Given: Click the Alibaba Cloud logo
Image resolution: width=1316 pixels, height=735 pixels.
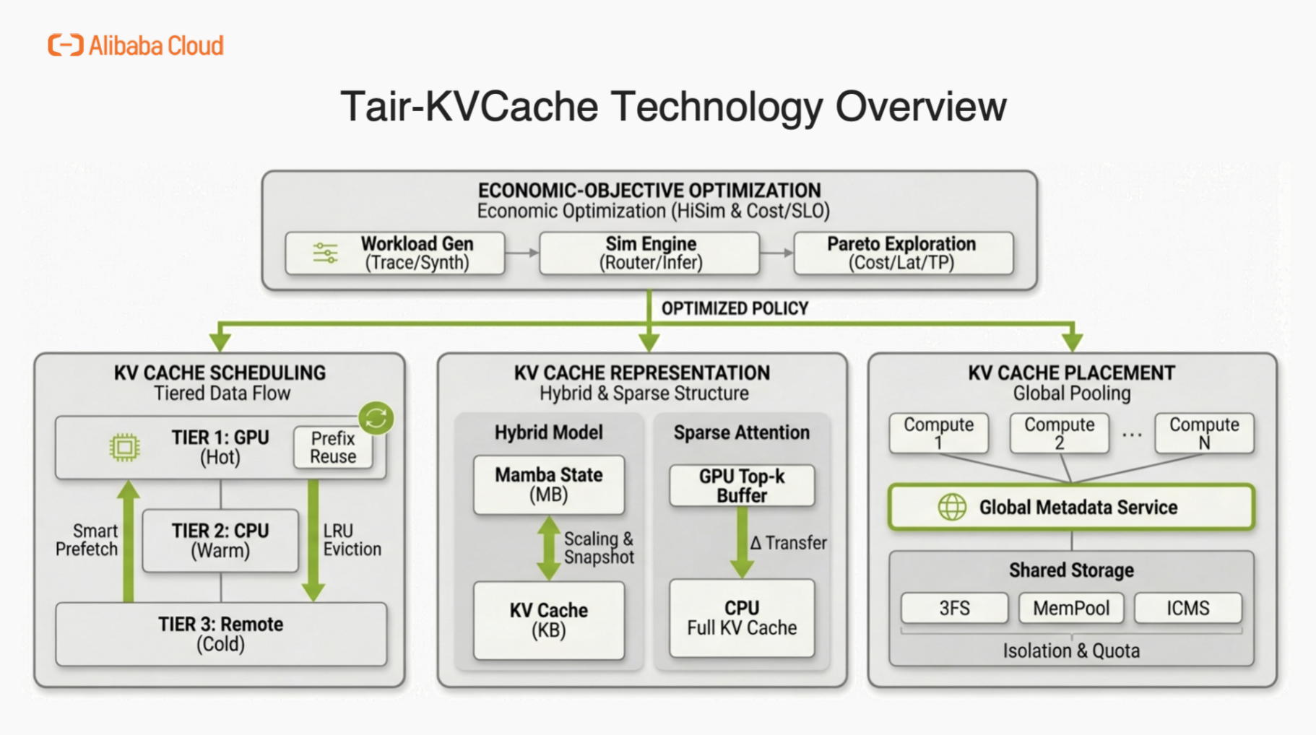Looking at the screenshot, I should [x=136, y=45].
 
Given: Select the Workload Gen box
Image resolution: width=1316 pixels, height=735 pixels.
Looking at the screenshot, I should [x=394, y=253].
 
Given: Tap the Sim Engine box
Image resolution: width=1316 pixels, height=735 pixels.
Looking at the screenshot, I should [x=649, y=253].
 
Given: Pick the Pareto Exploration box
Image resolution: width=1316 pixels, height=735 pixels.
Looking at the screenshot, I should [x=903, y=253].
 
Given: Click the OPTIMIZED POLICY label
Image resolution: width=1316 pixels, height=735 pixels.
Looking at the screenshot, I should [x=735, y=309].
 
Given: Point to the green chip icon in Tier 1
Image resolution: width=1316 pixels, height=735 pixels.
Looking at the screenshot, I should [x=124, y=448].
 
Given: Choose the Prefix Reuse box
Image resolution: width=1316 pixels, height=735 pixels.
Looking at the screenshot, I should [x=333, y=448].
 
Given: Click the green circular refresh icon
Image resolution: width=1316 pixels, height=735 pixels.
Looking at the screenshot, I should [x=376, y=417].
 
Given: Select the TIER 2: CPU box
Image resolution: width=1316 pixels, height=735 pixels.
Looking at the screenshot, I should [x=220, y=541].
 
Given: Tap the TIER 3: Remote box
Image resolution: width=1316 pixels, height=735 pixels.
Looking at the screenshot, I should [x=220, y=634].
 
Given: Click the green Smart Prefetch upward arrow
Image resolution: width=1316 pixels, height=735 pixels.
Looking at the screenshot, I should [x=129, y=542].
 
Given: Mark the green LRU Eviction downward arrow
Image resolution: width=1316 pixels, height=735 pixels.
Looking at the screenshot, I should [x=313, y=542].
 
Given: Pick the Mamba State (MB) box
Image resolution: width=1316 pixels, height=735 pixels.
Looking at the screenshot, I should [x=549, y=484].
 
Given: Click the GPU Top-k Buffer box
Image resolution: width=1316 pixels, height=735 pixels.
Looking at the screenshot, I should [x=742, y=485].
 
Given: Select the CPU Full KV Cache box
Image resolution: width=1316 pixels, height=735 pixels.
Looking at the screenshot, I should [x=742, y=618].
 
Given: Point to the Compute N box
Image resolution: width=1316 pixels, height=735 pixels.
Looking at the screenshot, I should [x=1204, y=433].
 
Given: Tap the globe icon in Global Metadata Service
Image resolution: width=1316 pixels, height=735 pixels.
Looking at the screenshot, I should [x=952, y=508].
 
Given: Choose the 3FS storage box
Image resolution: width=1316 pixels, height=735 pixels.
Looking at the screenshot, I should [x=954, y=609].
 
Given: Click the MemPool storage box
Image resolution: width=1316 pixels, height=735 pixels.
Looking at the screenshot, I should [x=1071, y=609].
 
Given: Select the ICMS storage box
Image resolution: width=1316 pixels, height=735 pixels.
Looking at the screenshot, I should [x=1188, y=609].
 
